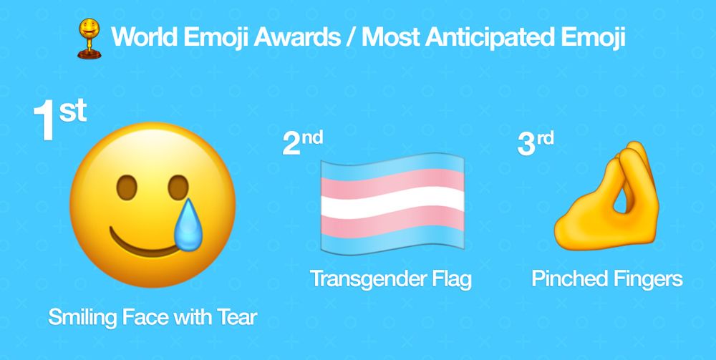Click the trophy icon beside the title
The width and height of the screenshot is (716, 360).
[89, 39]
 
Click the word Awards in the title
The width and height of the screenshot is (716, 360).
[297, 37]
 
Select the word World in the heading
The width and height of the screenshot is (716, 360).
[144, 37]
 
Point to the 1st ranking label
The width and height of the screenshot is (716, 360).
[60, 120]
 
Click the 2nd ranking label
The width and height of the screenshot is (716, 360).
[303, 143]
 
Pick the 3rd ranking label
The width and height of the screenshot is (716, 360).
[536, 144]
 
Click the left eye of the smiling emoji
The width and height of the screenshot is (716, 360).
[127, 187]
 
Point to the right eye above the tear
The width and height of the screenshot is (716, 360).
[178, 187]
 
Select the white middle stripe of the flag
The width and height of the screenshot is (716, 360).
[392, 203]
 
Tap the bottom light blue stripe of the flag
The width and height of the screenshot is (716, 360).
[392, 239]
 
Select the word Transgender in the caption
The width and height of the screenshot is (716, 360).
[363, 279]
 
